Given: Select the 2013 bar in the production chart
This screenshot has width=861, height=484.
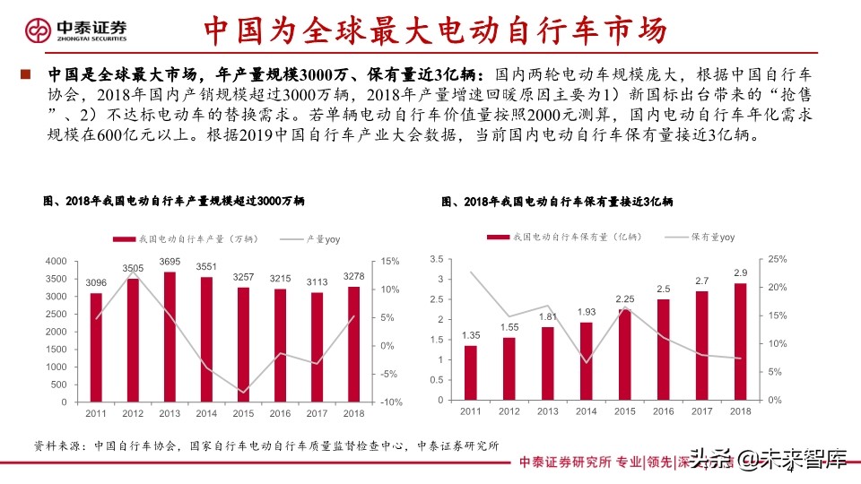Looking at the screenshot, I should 170,336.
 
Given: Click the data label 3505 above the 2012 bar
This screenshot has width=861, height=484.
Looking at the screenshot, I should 133,268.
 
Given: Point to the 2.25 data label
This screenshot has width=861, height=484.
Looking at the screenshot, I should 625,299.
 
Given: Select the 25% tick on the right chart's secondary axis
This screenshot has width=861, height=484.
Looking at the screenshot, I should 777,259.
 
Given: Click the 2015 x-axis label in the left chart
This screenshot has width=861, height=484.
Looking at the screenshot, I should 243,413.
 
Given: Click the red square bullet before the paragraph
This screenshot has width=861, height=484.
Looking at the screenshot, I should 26,74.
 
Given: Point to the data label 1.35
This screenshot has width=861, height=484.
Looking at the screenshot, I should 471,335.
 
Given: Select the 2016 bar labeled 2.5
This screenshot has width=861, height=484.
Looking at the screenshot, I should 663,350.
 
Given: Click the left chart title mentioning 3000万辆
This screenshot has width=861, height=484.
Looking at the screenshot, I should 174,203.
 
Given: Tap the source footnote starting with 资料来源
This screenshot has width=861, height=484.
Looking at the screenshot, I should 265,445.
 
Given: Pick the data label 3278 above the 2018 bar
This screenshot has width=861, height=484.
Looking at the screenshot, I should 353,276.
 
